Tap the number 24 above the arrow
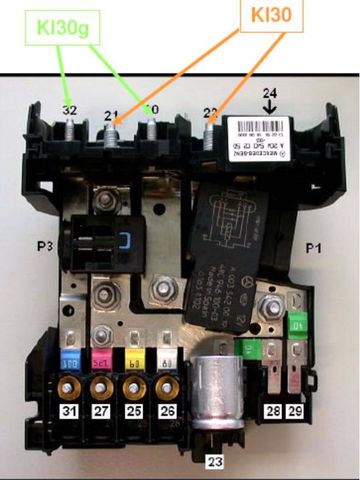[x=267, y=96]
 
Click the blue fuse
[x=71, y=358]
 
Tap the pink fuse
[x=101, y=358]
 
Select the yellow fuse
[x=131, y=358]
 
